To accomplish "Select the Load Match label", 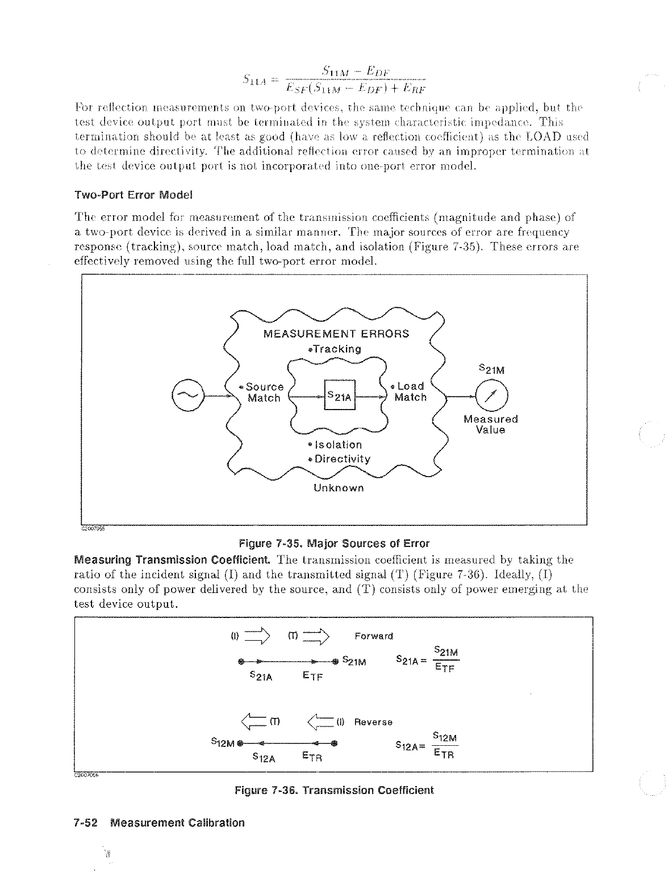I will pos(410,391).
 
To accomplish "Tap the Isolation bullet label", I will pos(335,444).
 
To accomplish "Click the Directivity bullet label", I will pos(340,459).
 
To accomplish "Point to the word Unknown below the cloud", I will pos(339,488).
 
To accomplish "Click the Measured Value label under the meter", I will pos(491,424).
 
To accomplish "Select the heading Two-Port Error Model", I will pos(133,195).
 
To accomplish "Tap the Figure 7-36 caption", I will pos(334,790).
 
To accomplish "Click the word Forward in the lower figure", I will pos(374,636).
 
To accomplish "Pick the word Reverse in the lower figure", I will pos(373,722).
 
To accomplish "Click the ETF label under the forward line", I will pos(312,676).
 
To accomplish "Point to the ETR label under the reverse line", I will pos(312,757).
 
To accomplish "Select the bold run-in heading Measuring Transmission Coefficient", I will pos(176,559).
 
